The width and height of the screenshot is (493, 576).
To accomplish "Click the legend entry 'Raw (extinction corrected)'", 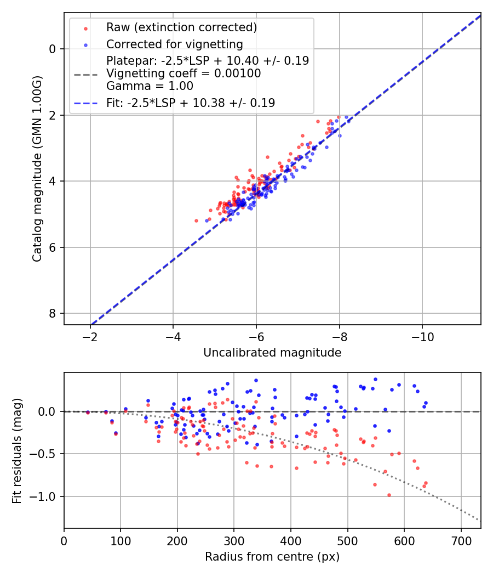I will click(181, 27).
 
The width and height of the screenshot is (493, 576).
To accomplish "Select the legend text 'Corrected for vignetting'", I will click(174, 44).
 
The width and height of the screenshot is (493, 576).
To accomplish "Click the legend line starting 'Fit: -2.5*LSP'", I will click(191, 103).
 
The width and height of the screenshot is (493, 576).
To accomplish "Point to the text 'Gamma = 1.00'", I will click(150, 86).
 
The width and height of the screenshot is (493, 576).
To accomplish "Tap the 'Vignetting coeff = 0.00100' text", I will click(184, 74).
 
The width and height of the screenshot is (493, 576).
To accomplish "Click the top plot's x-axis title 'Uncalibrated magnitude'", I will click(272, 353).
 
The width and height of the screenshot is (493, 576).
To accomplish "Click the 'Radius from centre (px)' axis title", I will click(272, 557).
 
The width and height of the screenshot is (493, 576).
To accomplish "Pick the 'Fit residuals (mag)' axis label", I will click(17, 450).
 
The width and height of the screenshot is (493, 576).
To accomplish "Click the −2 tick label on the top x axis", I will click(90, 336).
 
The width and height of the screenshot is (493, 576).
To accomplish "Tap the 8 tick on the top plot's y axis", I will click(53, 313).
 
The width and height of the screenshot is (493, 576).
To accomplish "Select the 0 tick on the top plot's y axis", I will click(53, 49).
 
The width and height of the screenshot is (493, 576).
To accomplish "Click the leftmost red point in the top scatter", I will click(197, 221).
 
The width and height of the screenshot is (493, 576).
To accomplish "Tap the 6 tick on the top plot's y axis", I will click(53, 247).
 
